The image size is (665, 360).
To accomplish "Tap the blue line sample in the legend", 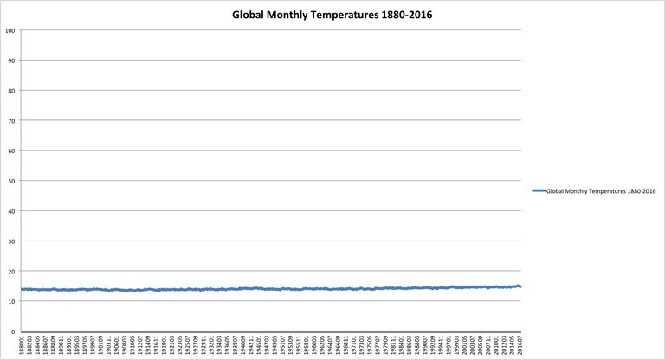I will [537, 190].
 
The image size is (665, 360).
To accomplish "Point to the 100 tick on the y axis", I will [10, 30].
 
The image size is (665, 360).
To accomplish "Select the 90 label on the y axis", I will [11, 61].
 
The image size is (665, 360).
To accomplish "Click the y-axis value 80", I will [11, 91].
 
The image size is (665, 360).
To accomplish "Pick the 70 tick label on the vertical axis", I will [11, 120].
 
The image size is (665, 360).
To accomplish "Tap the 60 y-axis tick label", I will [11, 151].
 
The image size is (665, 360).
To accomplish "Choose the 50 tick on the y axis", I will [11, 181].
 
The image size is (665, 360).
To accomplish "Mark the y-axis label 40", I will [11, 211].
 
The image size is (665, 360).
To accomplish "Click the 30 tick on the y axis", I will [11, 241].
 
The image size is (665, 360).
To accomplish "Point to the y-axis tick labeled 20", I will [11, 271].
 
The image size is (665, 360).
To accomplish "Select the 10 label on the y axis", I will [11, 301].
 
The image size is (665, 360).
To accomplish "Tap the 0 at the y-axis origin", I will [13, 331].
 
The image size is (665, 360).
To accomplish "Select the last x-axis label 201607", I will [519, 344].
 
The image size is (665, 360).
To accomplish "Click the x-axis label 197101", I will [353, 344].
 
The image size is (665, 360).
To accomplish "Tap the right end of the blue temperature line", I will [520, 286].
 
